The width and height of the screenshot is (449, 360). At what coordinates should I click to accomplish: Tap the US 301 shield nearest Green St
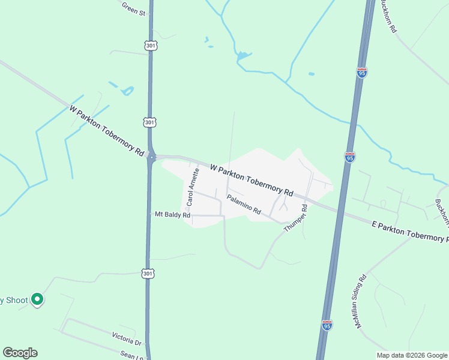[x=150, y=46]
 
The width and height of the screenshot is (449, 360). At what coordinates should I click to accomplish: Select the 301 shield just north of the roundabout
[x=150, y=122]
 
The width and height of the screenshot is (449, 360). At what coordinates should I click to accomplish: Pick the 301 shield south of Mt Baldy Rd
[x=148, y=273]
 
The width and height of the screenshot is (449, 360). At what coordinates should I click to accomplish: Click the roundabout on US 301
[x=151, y=158]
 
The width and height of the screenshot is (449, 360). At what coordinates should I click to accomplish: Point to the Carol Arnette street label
[x=192, y=187]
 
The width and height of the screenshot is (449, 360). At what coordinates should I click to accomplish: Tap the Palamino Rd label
[x=244, y=203]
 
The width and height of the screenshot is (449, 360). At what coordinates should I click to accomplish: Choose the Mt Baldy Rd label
[x=172, y=214]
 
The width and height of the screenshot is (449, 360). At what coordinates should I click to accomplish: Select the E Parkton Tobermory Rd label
[x=410, y=232]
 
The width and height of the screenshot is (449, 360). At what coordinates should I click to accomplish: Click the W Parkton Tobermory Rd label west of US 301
[x=106, y=132]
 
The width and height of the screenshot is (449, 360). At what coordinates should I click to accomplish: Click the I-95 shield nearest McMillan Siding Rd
[x=327, y=325]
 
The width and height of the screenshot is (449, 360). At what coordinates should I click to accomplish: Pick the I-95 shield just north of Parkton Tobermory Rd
[x=350, y=157]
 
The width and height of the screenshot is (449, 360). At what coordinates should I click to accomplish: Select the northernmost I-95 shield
[x=361, y=73]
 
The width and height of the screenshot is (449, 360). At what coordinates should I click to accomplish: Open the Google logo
[x=20, y=353]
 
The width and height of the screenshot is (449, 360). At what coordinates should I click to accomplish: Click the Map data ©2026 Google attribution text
[x=412, y=355]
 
